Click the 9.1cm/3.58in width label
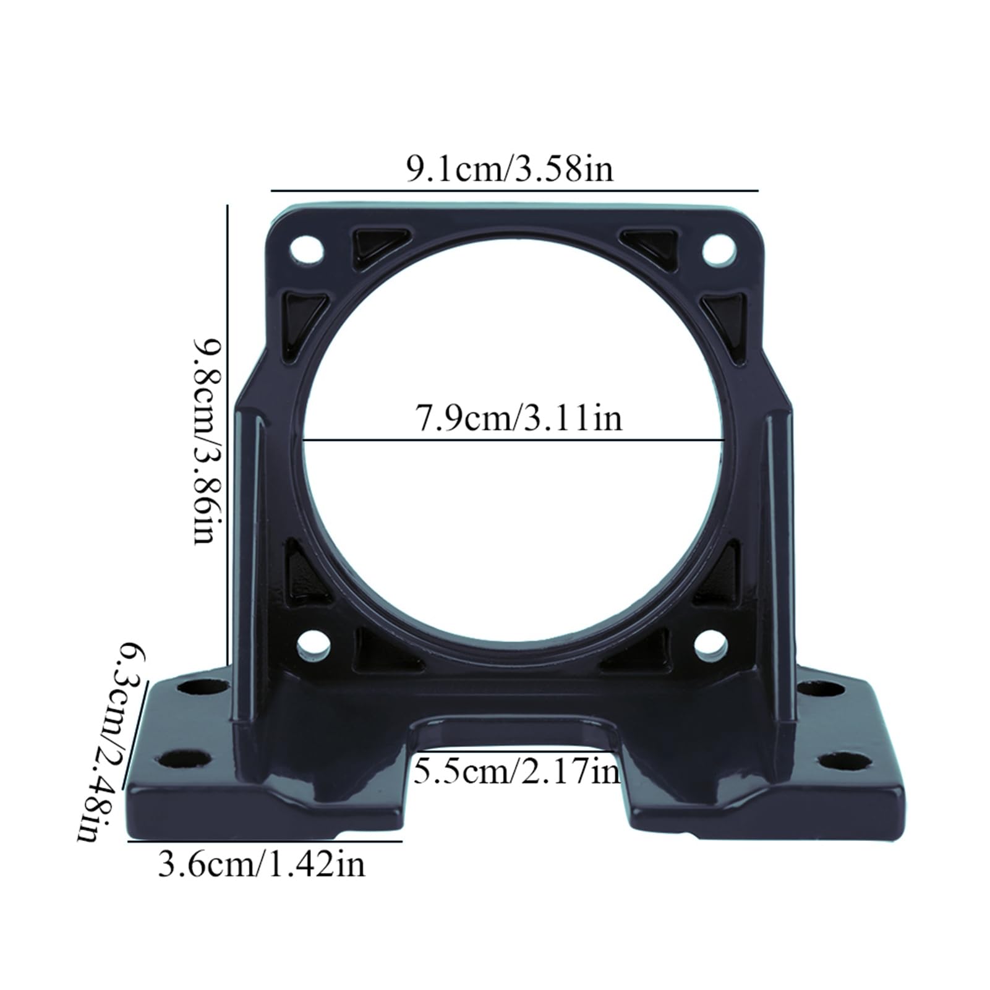point(510,168)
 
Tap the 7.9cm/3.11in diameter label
point(518,418)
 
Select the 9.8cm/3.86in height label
point(205,440)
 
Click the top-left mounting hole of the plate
point(307,249)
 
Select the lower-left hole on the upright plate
point(313,645)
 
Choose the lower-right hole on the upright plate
point(710,645)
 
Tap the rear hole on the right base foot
point(821,689)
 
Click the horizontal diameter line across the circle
point(513,440)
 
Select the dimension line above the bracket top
point(513,190)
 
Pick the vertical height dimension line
point(228,433)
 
